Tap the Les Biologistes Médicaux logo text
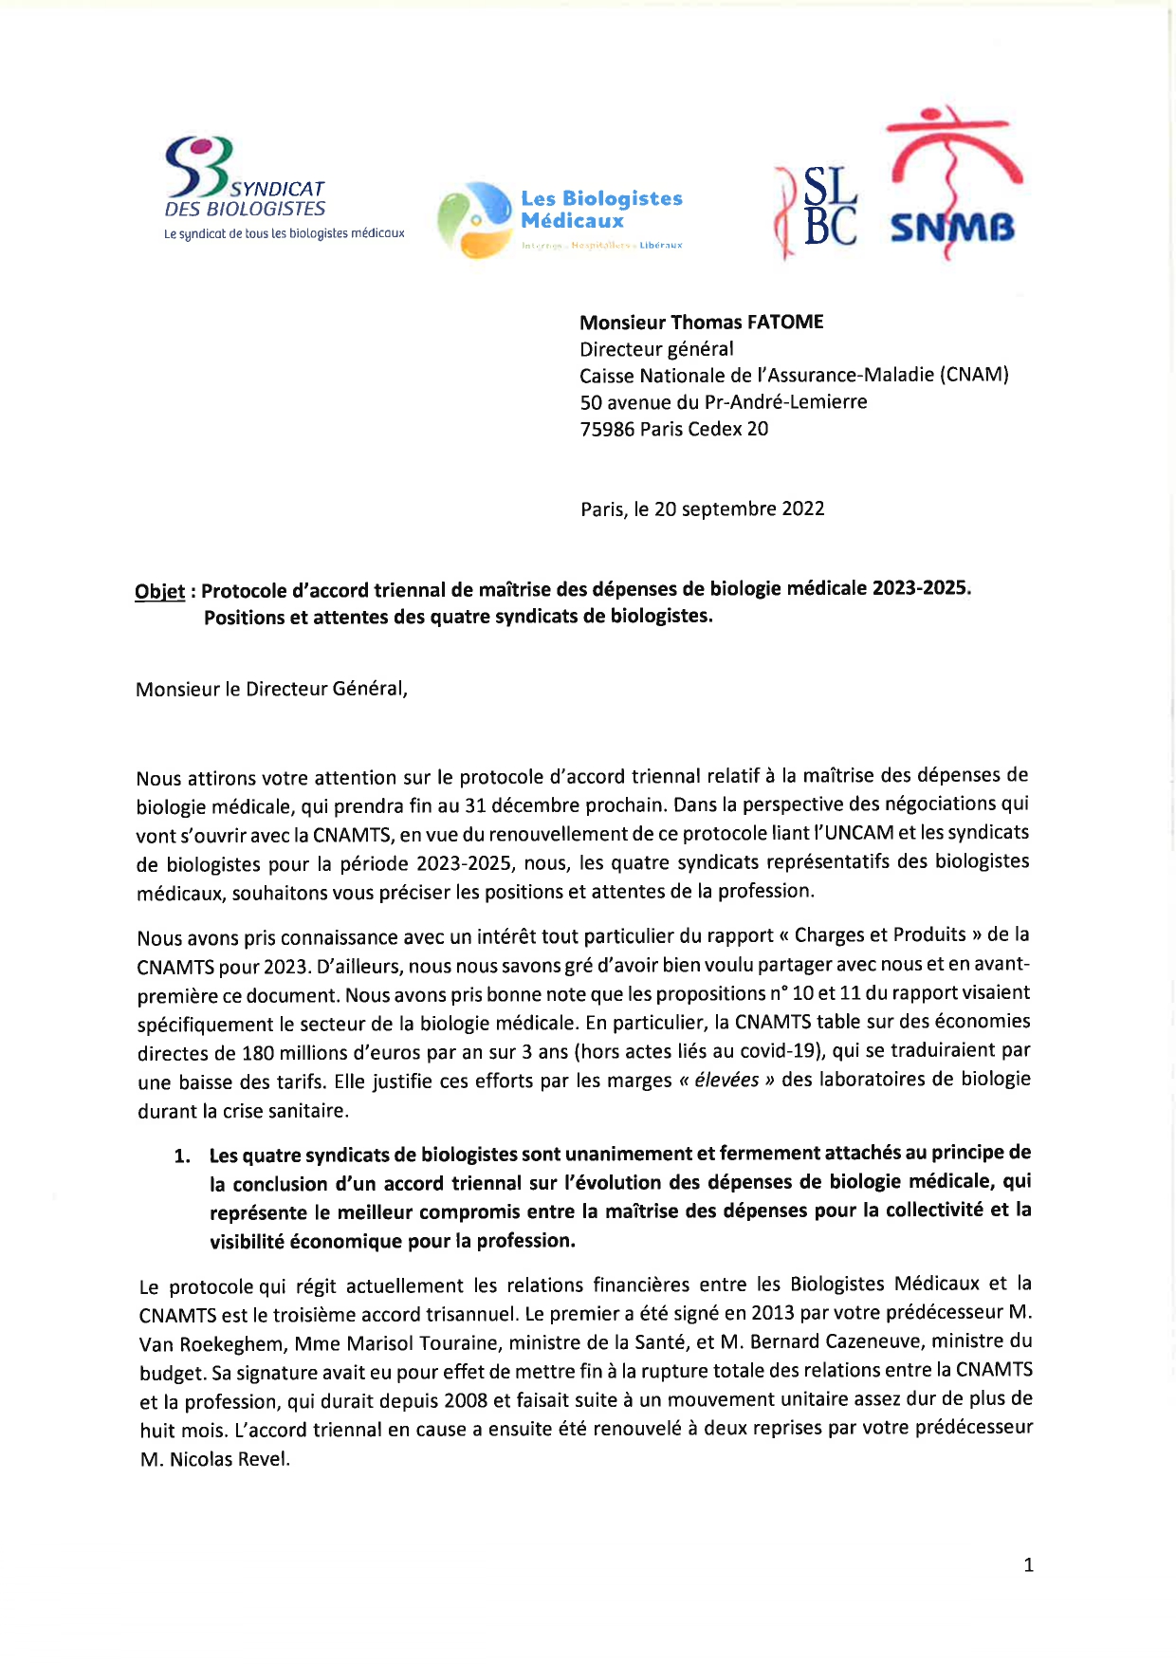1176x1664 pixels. [x=601, y=210]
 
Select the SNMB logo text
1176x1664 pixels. [x=952, y=228]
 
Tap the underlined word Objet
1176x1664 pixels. [x=159, y=592]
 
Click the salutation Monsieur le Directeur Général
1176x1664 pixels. [x=271, y=689]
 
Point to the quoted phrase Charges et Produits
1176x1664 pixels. [x=880, y=935]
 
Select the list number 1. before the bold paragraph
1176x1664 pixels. [x=182, y=1156]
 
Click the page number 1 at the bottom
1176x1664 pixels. [x=1028, y=1565]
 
